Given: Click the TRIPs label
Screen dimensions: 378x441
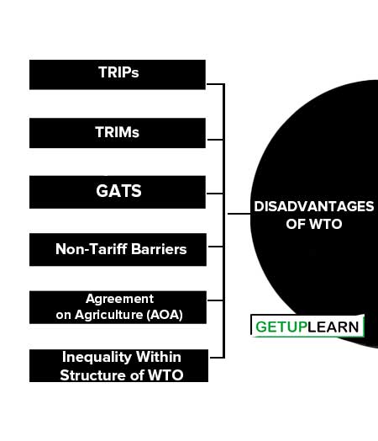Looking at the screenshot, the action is point(118,72).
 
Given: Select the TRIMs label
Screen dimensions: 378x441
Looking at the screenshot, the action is point(117,132).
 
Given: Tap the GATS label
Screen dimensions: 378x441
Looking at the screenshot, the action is point(118,191).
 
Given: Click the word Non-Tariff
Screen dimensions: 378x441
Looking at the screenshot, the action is point(92,249).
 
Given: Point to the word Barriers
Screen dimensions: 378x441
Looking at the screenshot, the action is point(159,249).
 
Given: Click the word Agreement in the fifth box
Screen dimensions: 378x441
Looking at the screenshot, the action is point(120,299).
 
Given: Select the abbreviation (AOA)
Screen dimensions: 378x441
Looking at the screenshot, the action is point(165,315).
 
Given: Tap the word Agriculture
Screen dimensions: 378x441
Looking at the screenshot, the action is point(109,315).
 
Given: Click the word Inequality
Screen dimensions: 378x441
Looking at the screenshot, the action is point(97,358).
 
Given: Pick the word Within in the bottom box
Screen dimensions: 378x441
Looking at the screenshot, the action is point(159,357).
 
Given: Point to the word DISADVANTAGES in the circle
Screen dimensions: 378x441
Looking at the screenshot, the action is point(313,206).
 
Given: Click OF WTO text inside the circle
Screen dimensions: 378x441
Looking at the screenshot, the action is point(314,224).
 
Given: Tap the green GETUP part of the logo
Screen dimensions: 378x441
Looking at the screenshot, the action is point(281,327).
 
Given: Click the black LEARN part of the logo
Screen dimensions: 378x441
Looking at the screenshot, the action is point(333,327).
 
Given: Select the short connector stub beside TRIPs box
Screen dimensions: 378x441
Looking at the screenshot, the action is point(216,84).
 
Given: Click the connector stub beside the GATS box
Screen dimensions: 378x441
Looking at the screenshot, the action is point(215,194).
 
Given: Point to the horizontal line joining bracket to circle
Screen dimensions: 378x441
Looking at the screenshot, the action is point(239,214).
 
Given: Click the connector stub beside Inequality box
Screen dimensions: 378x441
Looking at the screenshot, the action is point(217,358).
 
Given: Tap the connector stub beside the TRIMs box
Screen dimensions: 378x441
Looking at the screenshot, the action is point(215,139).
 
